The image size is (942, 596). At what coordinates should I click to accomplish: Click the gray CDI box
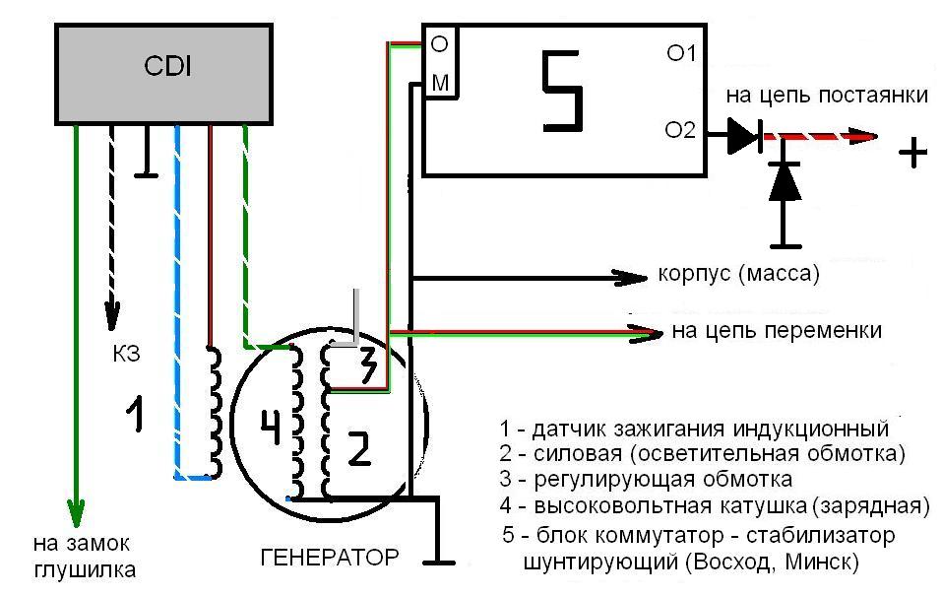coord(164,74)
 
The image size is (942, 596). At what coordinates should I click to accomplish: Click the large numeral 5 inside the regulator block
coord(563,91)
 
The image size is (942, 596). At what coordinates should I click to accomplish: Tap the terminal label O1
coord(681,53)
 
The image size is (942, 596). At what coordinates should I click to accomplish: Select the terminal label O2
coord(680,130)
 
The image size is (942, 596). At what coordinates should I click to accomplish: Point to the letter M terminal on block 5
coord(440,83)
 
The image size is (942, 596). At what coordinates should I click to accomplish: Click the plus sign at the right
coord(912,152)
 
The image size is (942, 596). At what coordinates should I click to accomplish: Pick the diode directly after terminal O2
coord(745,135)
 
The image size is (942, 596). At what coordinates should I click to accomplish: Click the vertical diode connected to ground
coord(785,181)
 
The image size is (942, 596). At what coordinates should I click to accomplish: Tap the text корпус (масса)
coord(739,274)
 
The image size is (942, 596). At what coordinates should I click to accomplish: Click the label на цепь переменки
coord(777,331)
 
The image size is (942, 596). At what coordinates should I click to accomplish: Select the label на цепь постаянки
coord(827,96)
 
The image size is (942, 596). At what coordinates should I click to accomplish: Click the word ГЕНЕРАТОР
coord(330,558)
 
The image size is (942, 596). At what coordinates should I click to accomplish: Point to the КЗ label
coord(126,354)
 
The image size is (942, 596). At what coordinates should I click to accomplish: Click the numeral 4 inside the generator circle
coord(271,427)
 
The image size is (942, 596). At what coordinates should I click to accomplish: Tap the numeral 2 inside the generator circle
coord(360,449)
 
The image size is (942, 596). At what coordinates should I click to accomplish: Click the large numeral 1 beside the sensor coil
coord(135,413)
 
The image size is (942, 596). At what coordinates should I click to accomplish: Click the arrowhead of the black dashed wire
coord(112,314)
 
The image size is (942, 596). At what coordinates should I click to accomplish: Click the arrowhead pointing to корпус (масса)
coord(630,278)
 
